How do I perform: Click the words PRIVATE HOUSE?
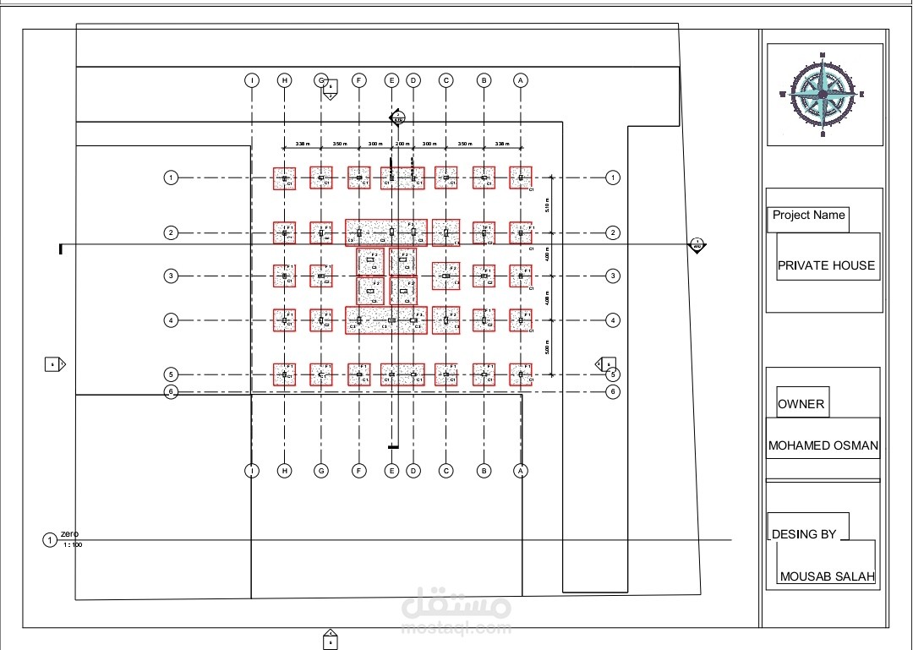[826, 265]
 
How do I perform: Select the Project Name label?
[808, 216]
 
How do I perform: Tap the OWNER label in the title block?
[801, 404]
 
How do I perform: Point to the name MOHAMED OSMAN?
[823, 445]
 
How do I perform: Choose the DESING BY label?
[804, 534]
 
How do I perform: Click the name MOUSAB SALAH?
[827, 577]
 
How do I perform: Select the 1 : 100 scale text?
[74, 544]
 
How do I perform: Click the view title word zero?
[70, 534]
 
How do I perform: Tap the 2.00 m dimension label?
[402, 145]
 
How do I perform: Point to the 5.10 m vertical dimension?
[547, 204]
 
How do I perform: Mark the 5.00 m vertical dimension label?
[547, 347]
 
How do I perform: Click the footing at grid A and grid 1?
[521, 178]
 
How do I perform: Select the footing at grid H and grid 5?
[285, 374]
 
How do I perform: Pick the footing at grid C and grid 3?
[446, 276]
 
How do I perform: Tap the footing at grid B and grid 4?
[484, 320]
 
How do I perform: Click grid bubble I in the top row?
[252, 80]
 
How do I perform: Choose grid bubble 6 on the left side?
[171, 391]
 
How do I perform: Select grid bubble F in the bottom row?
[359, 471]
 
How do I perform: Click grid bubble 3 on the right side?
[614, 276]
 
